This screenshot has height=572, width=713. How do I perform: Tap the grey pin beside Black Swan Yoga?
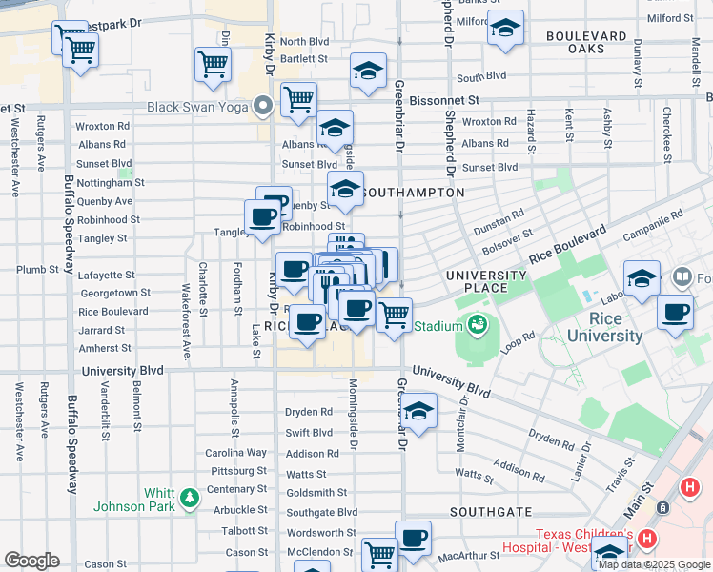(262, 106)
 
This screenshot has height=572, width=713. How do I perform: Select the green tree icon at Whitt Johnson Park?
(190, 497)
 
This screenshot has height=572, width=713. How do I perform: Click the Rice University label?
(604, 327)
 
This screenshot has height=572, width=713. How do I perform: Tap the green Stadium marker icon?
(475, 326)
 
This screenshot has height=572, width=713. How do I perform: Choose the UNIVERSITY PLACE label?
(486, 282)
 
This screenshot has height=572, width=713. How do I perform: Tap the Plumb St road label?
(37, 270)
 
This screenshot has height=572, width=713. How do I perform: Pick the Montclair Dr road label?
(463, 411)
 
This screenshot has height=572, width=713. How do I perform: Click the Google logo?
(31, 561)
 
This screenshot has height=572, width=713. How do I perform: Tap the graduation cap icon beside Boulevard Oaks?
(505, 28)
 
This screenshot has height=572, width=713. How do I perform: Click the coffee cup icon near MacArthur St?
(413, 538)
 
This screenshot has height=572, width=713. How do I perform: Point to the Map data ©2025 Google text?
(653, 564)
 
